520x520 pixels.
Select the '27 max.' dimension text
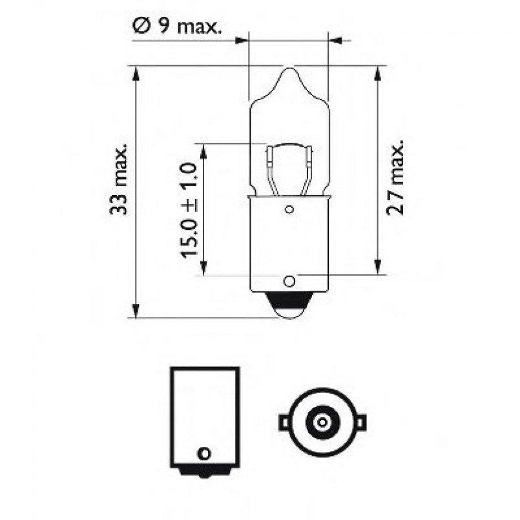click(x=395, y=176)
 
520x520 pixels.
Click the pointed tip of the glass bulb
click(x=290, y=67)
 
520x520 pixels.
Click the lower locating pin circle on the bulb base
click(x=289, y=282)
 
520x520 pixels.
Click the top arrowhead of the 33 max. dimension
click(x=136, y=73)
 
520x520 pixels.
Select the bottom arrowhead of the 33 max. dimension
click(x=136, y=311)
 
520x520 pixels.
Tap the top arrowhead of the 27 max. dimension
click(x=377, y=73)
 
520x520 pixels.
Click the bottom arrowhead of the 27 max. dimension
click(x=377, y=267)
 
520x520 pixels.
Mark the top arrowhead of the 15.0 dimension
click(x=203, y=151)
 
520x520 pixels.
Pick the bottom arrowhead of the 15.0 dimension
click(x=203, y=268)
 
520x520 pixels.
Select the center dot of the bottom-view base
click(x=321, y=422)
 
